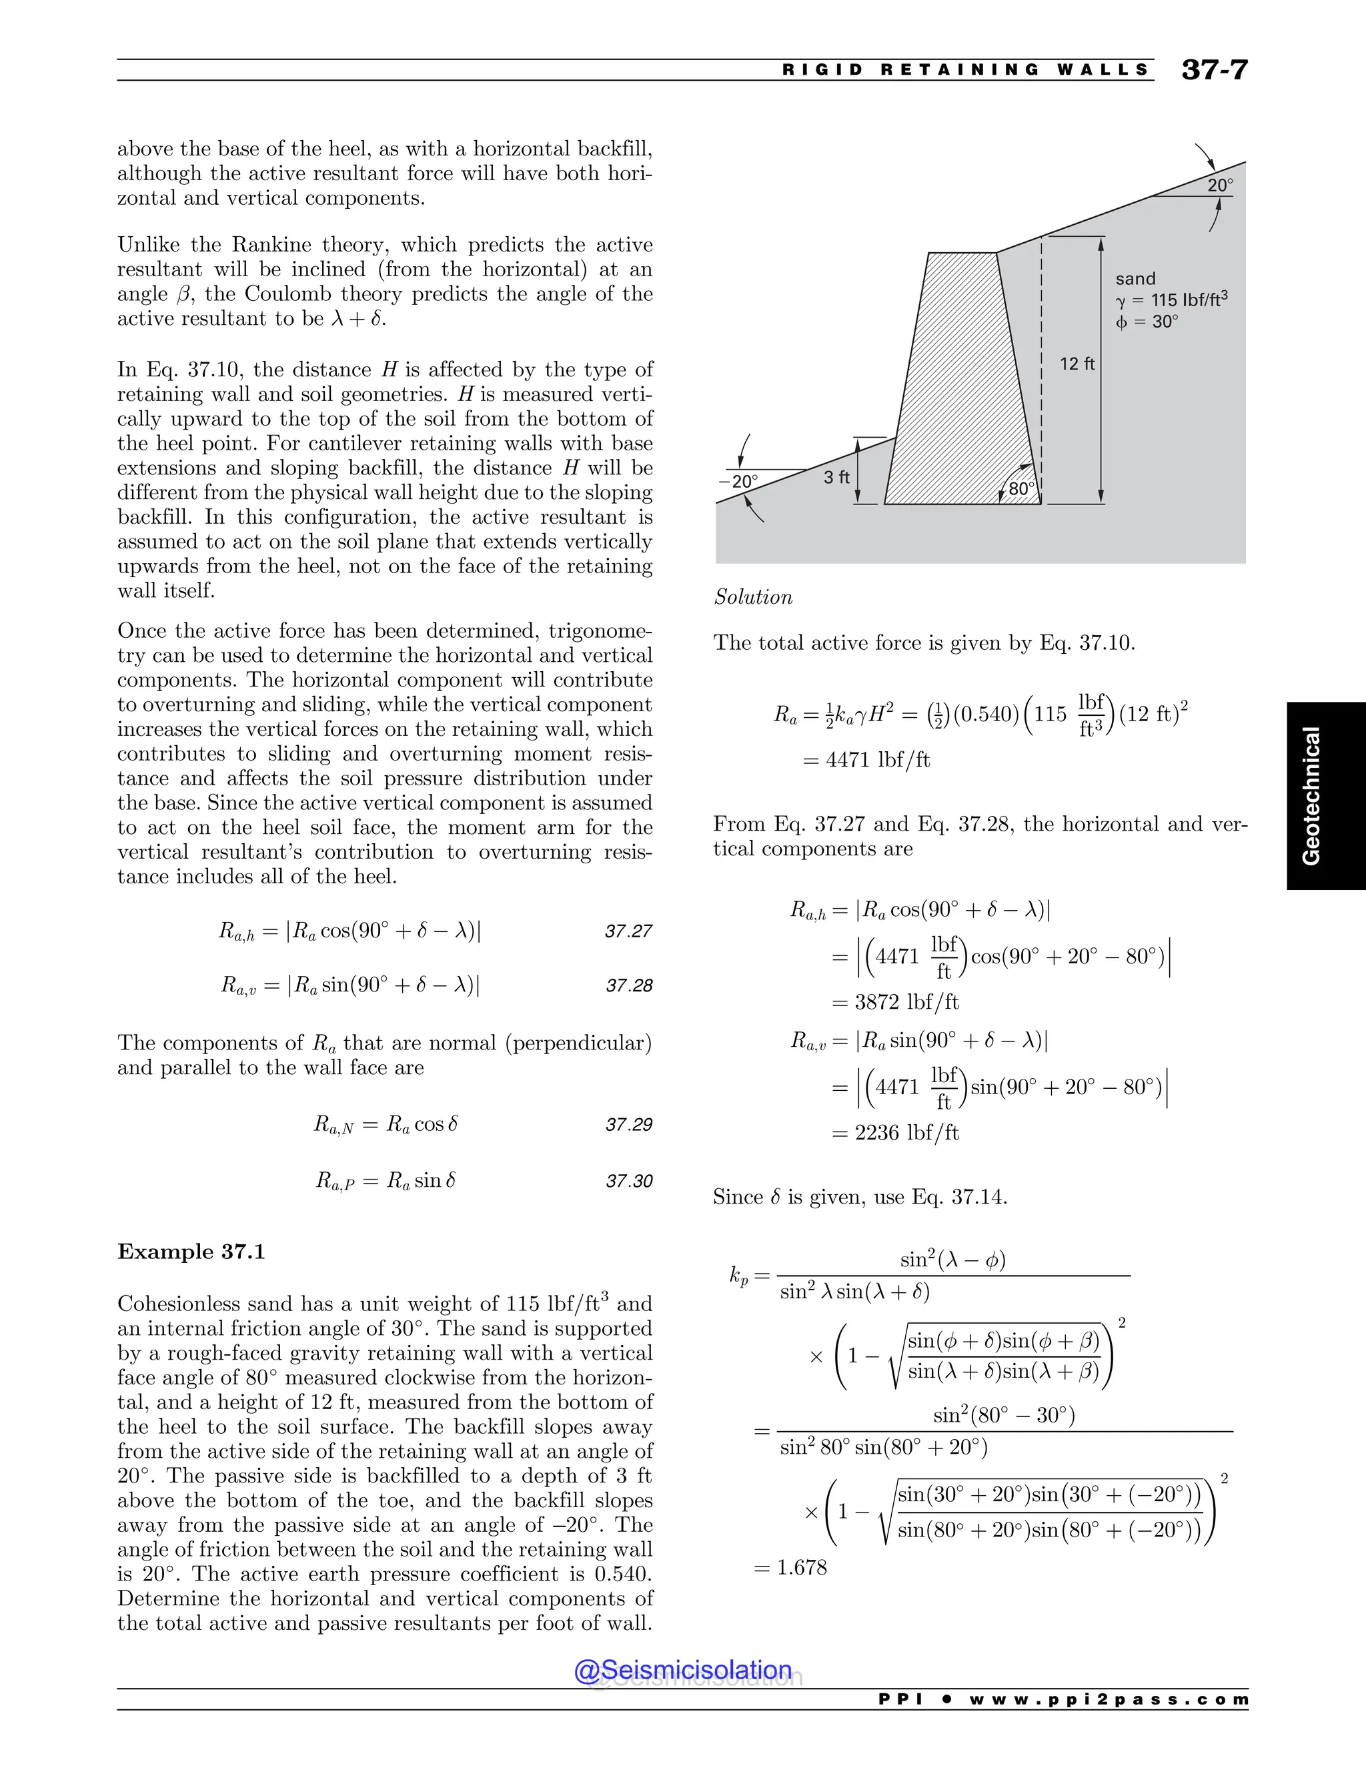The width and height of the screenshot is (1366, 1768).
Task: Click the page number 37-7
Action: pyautogui.click(x=1214, y=69)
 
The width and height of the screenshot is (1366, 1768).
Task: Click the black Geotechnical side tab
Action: pyautogui.click(x=1311, y=795)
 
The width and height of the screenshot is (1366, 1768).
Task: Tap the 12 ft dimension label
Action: pyautogui.click(x=1077, y=364)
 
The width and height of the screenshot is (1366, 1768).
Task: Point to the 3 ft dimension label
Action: pyautogui.click(x=837, y=478)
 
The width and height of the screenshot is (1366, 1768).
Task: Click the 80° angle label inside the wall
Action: pyautogui.click(x=1021, y=489)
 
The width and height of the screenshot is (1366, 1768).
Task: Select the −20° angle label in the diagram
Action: pyautogui.click(x=738, y=482)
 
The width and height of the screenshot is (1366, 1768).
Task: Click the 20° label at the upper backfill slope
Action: pyautogui.click(x=1219, y=185)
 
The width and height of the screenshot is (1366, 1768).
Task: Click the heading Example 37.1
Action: pyautogui.click(x=191, y=1252)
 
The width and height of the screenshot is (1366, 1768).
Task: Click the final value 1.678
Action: pyautogui.click(x=801, y=1567)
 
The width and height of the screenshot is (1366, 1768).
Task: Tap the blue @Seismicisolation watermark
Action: pyautogui.click(x=683, y=1670)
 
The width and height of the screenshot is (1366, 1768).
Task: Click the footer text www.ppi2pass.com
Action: pyautogui.click(x=1108, y=1699)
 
